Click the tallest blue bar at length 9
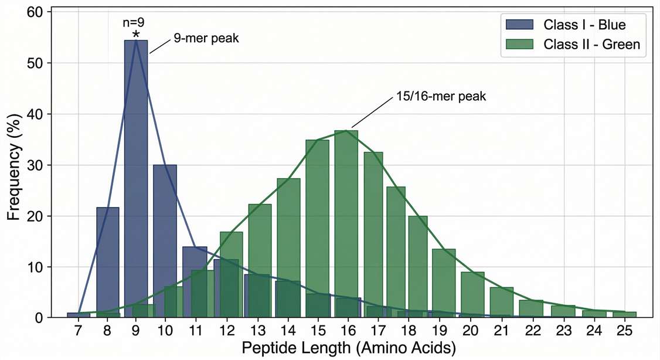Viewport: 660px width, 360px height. [136, 176]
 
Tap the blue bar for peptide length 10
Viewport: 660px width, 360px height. [165, 235]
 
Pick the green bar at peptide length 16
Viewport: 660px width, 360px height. [346, 223]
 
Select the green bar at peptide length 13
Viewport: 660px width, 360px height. [260, 246]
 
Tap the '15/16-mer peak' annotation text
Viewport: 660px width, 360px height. [438, 96]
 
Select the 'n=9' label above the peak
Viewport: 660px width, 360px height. [134, 23]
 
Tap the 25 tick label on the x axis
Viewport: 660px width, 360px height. [625, 331]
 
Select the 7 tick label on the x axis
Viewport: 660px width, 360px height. [79, 331]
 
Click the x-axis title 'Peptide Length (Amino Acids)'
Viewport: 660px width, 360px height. [349, 349]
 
